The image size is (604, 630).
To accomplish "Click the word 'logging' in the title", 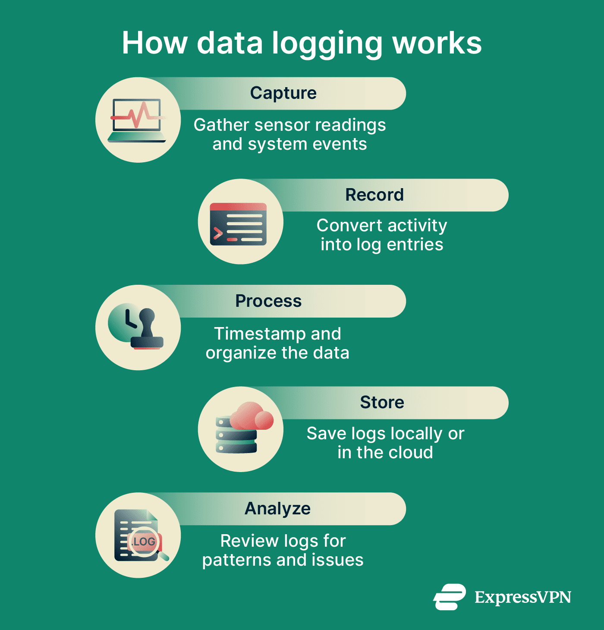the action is [x=327, y=45].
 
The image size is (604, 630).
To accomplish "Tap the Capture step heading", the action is [x=283, y=93].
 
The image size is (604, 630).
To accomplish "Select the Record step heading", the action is [x=374, y=195].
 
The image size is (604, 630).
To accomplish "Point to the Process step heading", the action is [x=268, y=301].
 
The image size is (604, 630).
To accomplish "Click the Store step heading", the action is [x=382, y=403].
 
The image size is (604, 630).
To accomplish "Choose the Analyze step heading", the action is [x=277, y=509].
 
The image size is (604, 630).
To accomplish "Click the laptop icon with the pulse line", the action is [x=137, y=120].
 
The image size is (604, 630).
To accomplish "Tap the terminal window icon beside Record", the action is [x=238, y=224].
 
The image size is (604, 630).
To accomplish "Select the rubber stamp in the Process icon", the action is [x=147, y=329].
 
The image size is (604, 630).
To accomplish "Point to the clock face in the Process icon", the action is [x=123, y=322].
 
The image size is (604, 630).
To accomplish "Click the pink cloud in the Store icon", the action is [x=252, y=416].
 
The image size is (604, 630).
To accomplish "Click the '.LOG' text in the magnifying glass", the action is [x=144, y=541].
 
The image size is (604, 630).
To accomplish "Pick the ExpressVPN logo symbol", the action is [x=449, y=597].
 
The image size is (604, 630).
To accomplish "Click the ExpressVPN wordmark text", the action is [x=523, y=597].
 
